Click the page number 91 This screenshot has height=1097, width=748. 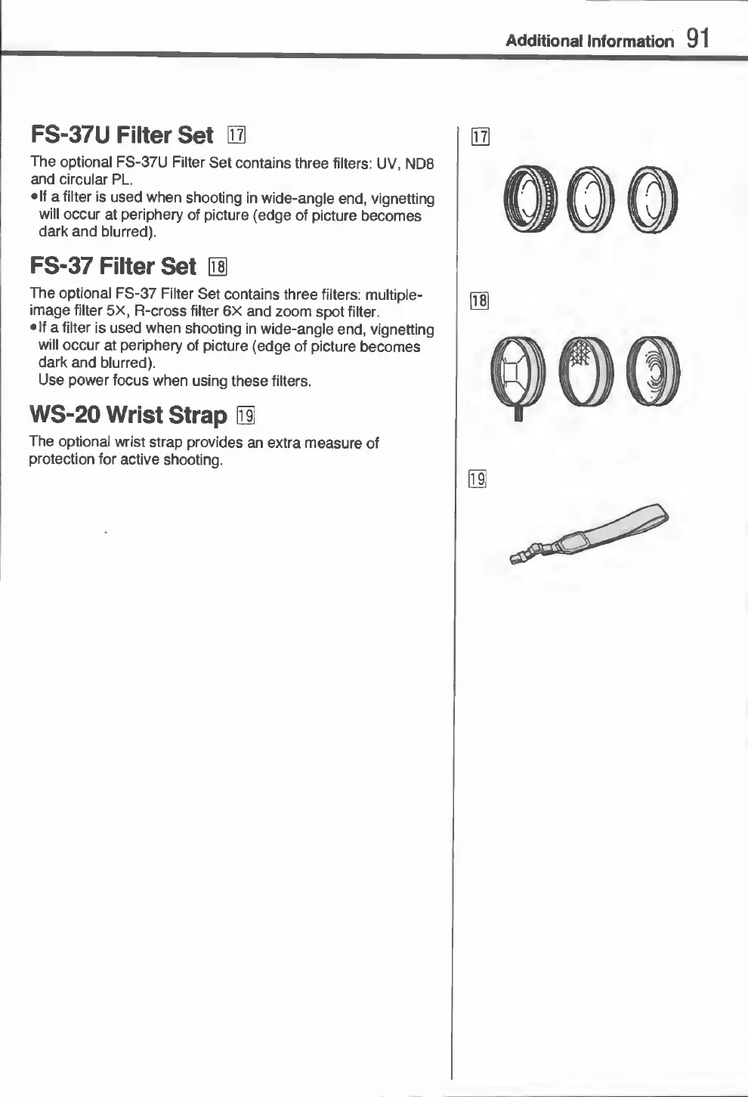tap(698, 38)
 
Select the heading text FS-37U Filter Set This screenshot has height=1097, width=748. tap(122, 135)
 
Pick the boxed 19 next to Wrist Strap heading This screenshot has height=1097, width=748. tap(246, 416)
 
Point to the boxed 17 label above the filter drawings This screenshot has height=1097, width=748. tap(480, 137)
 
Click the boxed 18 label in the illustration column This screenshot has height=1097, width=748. tap(480, 301)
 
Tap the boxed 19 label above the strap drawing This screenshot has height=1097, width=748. tap(478, 479)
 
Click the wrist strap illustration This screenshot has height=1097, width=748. tap(597, 533)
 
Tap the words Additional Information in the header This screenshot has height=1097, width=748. tap(589, 41)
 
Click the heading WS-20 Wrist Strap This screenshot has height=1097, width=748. tap(128, 416)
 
